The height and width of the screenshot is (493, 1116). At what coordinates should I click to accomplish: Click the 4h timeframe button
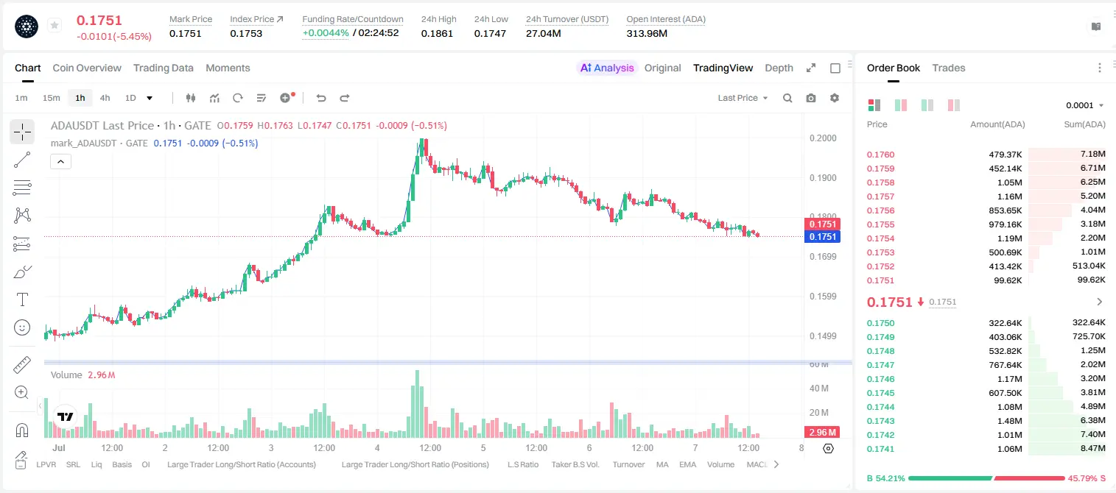click(x=105, y=98)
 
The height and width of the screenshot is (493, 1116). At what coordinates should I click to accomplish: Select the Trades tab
click(x=949, y=68)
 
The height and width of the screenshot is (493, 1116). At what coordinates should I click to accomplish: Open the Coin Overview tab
click(x=87, y=68)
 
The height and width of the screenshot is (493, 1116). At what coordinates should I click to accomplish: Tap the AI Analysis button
click(x=607, y=68)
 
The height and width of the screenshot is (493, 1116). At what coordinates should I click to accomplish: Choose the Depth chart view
click(x=779, y=68)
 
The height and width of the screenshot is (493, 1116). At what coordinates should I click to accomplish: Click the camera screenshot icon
click(x=811, y=98)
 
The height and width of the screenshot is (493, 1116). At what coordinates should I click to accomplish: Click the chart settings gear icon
click(x=835, y=98)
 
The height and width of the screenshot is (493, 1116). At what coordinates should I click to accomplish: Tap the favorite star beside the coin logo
click(x=55, y=25)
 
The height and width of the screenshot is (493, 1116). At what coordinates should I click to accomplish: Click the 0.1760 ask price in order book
click(x=880, y=155)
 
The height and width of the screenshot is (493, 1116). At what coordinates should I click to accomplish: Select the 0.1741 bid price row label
click(x=880, y=449)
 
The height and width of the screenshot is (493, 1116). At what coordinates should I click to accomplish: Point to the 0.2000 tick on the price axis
click(x=823, y=138)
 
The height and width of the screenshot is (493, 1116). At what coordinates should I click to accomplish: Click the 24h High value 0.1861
click(x=437, y=33)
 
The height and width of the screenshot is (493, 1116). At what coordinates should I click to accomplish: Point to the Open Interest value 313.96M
click(x=647, y=33)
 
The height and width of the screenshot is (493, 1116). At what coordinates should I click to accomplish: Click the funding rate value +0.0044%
click(x=326, y=33)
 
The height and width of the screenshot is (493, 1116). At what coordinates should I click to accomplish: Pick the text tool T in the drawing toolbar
click(x=22, y=299)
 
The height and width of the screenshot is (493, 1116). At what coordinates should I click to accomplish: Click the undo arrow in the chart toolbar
click(x=321, y=98)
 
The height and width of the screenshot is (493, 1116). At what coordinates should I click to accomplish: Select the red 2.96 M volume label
click(x=822, y=433)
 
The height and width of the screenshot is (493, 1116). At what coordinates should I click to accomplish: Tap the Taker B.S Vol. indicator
click(x=575, y=464)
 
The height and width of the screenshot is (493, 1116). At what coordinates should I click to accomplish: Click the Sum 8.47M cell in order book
click(x=1092, y=448)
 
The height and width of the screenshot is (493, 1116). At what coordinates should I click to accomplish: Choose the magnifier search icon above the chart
click(x=787, y=98)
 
